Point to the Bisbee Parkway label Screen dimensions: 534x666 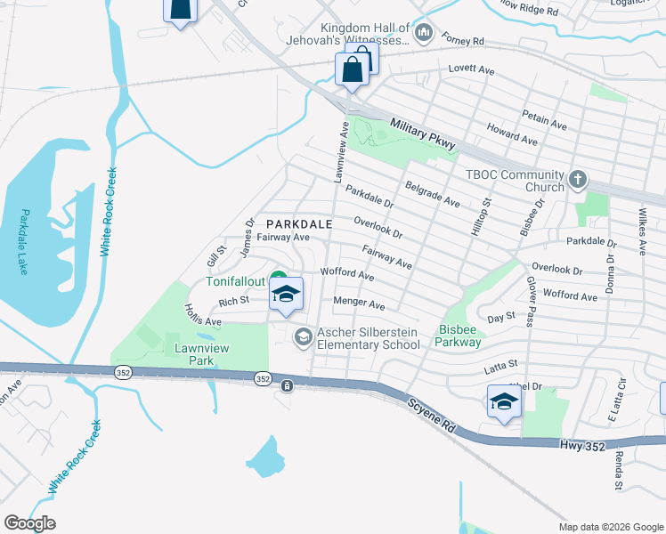[459, 336]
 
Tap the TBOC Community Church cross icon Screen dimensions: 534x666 [577, 181]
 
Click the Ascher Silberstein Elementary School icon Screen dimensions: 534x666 [303, 336]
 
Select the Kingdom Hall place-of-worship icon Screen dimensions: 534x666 [423, 35]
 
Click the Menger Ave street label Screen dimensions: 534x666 [358, 303]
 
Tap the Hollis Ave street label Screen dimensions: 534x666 [202, 314]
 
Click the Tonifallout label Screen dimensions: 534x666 [236, 281]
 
